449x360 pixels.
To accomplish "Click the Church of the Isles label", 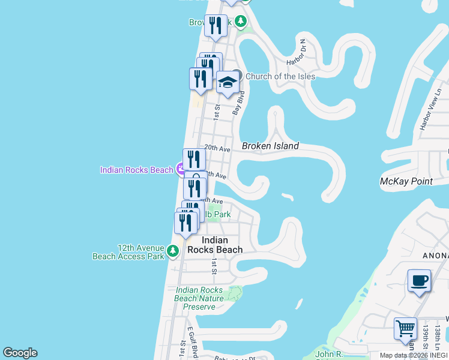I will tap(280, 76).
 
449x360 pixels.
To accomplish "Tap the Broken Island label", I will tap(270, 146).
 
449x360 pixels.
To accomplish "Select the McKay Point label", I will tap(406, 181).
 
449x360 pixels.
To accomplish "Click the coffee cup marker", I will tap(419, 280).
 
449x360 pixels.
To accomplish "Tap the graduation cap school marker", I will tap(228, 82).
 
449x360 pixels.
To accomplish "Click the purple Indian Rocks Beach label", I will tap(136, 170).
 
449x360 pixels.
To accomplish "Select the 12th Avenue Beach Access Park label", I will tap(128, 251).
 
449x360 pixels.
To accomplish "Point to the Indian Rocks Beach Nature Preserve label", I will tap(199, 298).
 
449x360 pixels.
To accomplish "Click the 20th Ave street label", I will tap(217, 147).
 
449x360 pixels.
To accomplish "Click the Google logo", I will tap(20, 353).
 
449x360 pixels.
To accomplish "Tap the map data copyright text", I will tap(414, 355).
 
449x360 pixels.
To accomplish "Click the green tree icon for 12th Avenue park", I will tap(173, 250).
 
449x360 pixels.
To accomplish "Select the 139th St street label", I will tap(426, 338).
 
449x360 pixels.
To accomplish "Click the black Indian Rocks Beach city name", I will tap(214, 245).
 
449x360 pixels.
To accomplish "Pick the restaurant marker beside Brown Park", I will tap(215, 26).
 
